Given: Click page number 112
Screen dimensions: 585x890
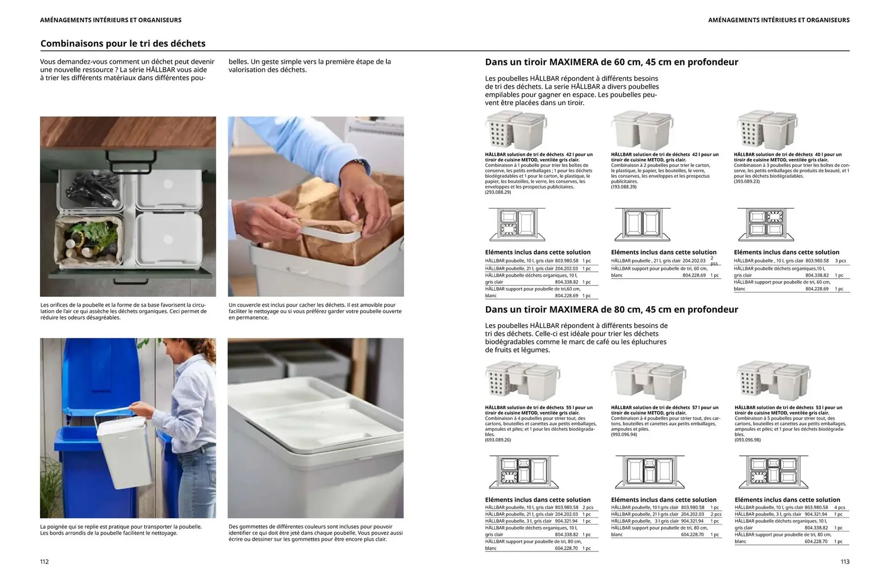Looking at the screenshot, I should point(44,561).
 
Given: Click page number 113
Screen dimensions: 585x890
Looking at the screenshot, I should point(845,561).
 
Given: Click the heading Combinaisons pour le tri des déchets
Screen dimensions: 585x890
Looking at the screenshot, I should point(123,44).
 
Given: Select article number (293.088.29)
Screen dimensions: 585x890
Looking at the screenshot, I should point(498,192).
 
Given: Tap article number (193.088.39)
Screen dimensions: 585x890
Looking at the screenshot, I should point(623,187).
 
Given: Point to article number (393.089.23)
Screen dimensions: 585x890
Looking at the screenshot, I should point(747,181).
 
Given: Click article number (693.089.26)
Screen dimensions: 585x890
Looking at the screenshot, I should point(498,439).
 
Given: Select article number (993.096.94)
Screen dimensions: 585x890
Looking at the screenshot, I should point(624,434).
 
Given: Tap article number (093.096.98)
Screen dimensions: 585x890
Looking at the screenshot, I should point(747,439).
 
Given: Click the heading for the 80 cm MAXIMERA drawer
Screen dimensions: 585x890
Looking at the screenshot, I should point(611,309).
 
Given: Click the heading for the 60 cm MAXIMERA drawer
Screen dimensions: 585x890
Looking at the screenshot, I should point(611,62).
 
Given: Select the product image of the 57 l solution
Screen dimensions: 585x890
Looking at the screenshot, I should point(648,380).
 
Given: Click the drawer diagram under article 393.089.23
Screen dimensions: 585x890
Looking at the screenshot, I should point(766,224).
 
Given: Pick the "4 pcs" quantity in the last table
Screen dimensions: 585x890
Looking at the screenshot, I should point(839,508).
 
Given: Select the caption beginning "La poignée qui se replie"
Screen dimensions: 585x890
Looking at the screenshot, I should point(121,530).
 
